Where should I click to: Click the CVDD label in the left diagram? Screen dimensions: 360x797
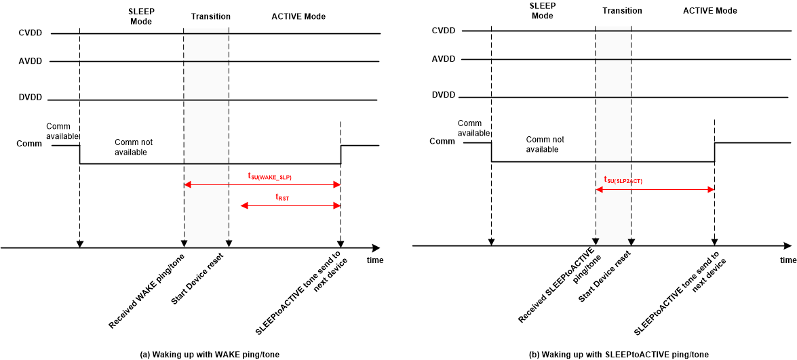[x=30, y=33]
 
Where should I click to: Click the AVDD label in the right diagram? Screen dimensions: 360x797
[x=443, y=59]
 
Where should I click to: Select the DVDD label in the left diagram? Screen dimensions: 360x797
[x=30, y=98]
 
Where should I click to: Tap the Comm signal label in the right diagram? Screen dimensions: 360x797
[x=442, y=141]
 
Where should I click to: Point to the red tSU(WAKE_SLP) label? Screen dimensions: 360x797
[x=269, y=176]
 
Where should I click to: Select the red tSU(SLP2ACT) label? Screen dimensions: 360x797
[x=623, y=180]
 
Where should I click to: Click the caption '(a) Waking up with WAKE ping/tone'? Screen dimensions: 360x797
[x=209, y=354]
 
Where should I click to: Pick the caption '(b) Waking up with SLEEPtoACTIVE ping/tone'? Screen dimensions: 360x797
[x=619, y=354]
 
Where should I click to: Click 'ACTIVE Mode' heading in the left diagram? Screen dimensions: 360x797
[x=298, y=16]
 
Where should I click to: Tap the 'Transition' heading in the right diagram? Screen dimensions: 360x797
[x=622, y=11]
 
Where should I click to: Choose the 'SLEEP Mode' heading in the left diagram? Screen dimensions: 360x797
[x=141, y=17]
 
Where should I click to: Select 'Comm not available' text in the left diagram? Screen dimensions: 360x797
[x=134, y=147]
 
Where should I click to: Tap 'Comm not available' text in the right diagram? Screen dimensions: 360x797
[x=545, y=144]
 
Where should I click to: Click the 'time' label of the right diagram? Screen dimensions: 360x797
[x=788, y=260]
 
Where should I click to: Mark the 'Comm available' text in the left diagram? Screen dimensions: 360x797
[x=63, y=131]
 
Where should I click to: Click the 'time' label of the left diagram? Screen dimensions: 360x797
[x=375, y=260]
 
